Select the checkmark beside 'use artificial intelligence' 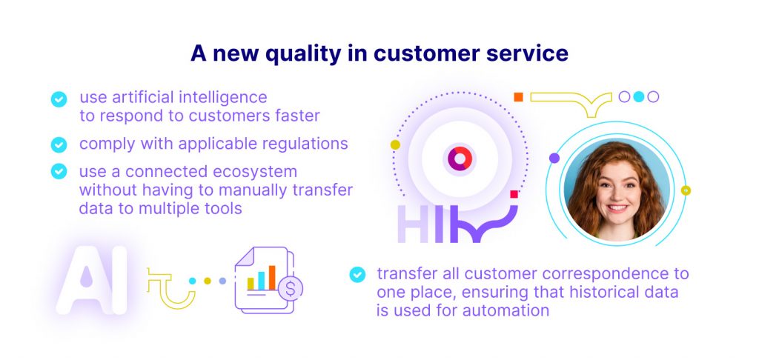(x=59, y=99)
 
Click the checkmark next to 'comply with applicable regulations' (x=59, y=144)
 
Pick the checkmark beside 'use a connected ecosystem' (x=59, y=171)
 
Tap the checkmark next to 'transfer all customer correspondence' (x=357, y=274)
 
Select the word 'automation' (x=506, y=310)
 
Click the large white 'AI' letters (x=92, y=280)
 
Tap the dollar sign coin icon (x=291, y=289)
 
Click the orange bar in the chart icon (x=272, y=277)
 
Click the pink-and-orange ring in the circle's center (x=460, y=159)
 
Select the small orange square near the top (x=518, y=97)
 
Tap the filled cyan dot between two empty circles (x=639, y=97)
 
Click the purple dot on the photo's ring (x=554, y=159)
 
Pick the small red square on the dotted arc (x=514, y=194)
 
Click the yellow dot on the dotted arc (x=396, y=144)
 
